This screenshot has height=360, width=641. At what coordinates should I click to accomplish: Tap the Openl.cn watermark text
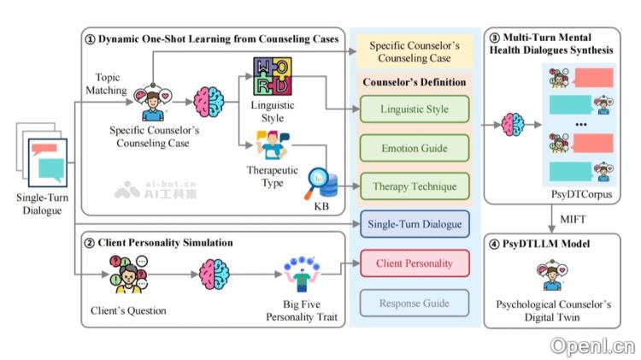click(x=592, y=345)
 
